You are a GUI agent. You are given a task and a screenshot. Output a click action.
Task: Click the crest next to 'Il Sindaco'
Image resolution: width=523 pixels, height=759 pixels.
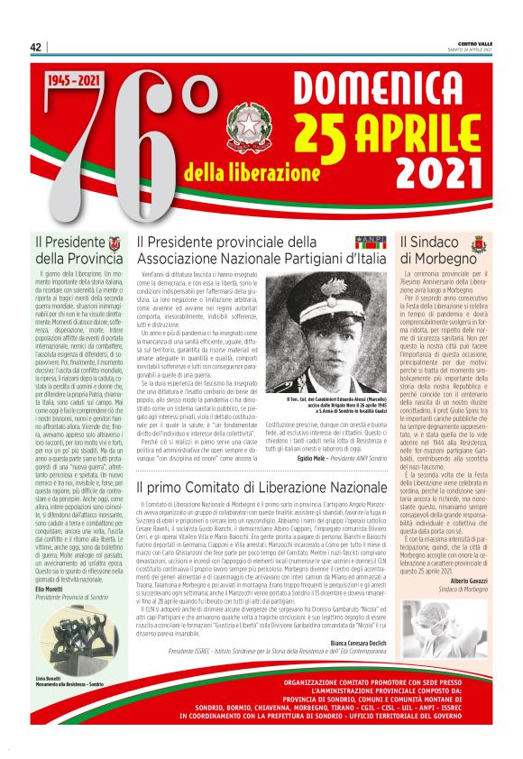[477, 243]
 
